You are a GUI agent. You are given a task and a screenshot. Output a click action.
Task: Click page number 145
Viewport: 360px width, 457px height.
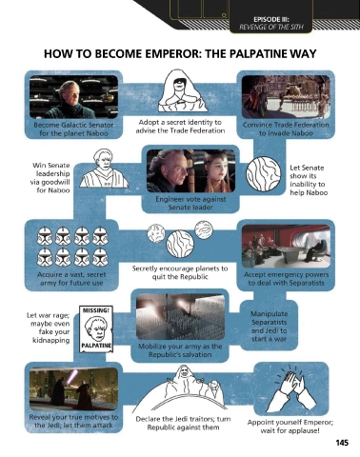coord(342,443)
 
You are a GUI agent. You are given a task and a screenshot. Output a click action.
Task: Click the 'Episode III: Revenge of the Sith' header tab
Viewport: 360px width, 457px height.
coord(270,23)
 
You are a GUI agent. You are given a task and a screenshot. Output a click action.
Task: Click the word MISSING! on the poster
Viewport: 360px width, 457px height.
coord(95,310)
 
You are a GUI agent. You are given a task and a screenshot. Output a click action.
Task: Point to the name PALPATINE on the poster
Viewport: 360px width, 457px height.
coord(95,346)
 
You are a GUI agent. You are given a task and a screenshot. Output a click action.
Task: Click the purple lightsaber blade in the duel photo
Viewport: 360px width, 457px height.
coord(71,378)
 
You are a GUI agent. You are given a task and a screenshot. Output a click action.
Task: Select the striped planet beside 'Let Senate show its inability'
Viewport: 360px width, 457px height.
coord(264,174)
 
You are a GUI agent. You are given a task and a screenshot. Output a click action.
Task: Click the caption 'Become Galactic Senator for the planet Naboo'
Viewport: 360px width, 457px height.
coord(73,129)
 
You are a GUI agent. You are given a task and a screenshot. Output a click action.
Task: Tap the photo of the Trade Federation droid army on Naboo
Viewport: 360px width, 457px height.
coord(286,97)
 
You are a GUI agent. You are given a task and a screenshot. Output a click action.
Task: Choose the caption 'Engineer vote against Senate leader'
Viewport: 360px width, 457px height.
coord(190,203)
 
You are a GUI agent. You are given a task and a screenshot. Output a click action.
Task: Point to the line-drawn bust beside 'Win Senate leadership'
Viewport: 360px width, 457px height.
coord(103,169)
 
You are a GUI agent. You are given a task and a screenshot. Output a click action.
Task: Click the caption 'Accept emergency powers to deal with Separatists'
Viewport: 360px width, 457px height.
coord(286,279)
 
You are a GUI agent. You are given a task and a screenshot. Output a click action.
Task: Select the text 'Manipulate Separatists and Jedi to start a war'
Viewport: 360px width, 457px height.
coord(269,327)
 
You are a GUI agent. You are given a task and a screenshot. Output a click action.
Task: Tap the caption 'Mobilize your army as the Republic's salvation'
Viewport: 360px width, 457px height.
coord(180,350)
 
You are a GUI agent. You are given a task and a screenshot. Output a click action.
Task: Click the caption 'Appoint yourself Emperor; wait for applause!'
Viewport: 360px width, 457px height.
coord(290,427)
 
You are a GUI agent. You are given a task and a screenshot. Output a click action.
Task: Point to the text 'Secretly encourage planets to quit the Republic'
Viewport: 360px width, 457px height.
coord(180,272)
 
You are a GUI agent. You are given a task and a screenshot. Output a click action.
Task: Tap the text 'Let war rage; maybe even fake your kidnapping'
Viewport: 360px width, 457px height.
coord(49,328)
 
